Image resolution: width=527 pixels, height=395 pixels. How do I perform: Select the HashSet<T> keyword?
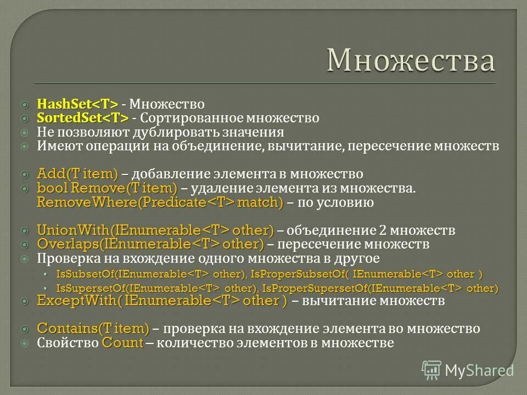(77, 104)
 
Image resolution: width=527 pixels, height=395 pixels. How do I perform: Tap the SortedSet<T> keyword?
(82, 118)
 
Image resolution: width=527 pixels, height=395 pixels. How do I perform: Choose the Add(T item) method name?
(77, 174)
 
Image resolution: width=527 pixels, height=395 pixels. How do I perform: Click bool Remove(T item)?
(107, 189)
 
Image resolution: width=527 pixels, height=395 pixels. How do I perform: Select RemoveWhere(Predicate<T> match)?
(160, 203)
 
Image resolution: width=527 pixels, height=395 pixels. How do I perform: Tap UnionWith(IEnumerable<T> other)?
(155, 230)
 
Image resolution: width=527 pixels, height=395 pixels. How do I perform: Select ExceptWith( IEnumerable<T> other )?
(161, 301)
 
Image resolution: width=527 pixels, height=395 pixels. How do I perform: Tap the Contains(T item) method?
(93, 329)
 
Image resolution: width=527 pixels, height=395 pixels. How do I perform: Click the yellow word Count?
(122, 343)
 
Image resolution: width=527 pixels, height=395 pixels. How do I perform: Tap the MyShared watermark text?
(480, 370)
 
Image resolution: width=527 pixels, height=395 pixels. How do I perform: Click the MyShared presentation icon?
(431, 370)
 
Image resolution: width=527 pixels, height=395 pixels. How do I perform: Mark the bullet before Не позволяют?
(24, 133)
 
